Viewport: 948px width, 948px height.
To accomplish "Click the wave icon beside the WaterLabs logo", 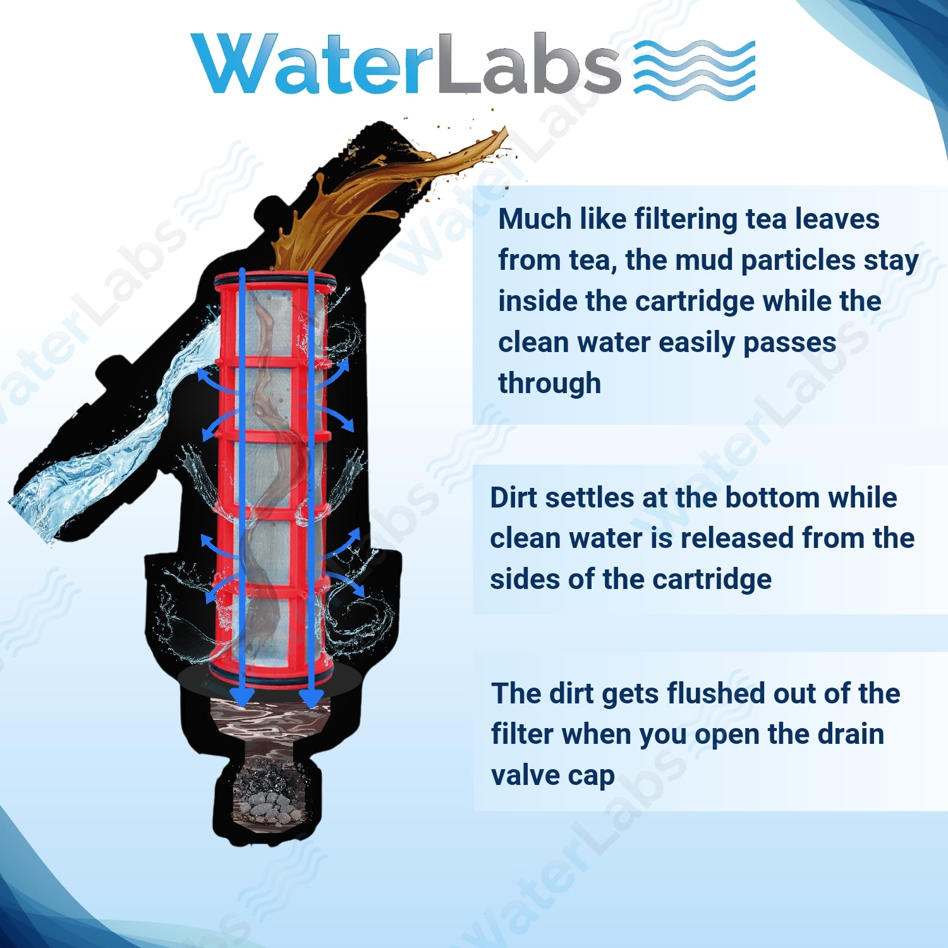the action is coord(694,70).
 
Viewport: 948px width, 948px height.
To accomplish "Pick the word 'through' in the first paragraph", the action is coord(549,384).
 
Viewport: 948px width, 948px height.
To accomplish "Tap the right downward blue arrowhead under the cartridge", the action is coord(311,698).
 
